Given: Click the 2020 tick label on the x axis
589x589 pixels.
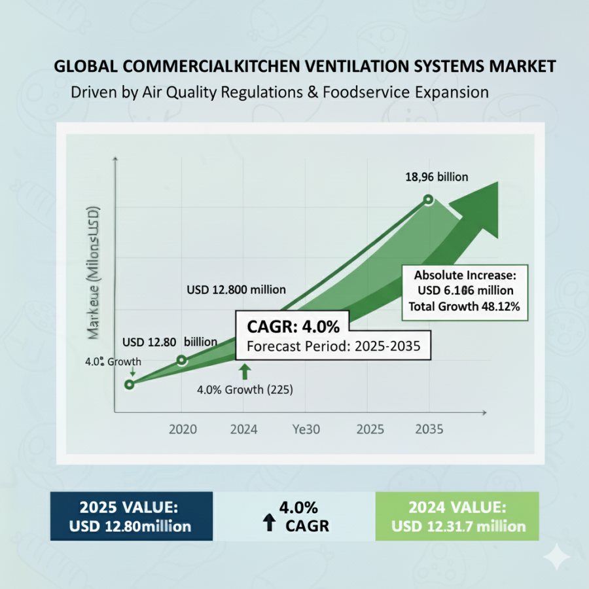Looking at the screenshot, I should pyautogui.click(x=183, y=429).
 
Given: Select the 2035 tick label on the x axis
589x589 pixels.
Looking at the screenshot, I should pyautogui.click(x=429, y=429).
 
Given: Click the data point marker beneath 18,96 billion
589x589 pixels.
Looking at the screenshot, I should pyautogui.click(x=429, y=200).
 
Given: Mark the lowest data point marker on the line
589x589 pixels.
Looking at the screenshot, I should pyautogui.click(x=130, y=384).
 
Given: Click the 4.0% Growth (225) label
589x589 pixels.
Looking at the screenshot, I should pyautogui.click(x=245, y=390).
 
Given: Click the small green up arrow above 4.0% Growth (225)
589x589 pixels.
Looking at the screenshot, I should pyautogui.click(x=244, y=371).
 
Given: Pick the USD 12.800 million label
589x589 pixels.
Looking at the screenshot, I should pyautogui.click(x=236, y=290).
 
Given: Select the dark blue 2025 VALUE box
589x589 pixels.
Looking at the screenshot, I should pyautogui.click(x=132, y=516).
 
